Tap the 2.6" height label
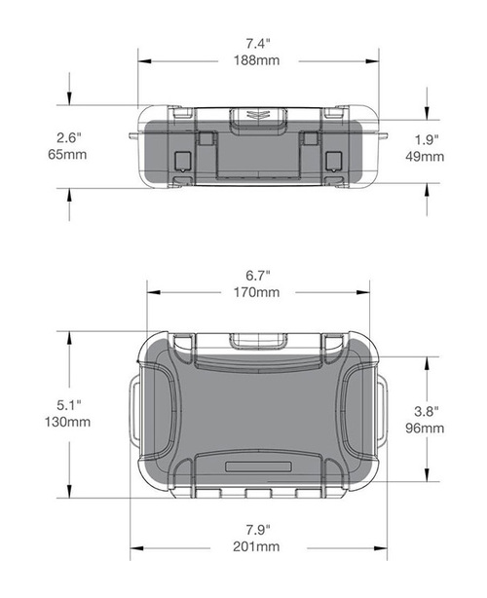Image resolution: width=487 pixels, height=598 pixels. (66, 136)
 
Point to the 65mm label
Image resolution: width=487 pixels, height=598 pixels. (66, 155)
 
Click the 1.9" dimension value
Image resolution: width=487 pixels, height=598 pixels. (427, 138)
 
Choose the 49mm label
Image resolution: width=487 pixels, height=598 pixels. (427, 157)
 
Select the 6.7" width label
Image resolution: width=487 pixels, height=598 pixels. (257, 274)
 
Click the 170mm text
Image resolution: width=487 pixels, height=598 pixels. (257, 292)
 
